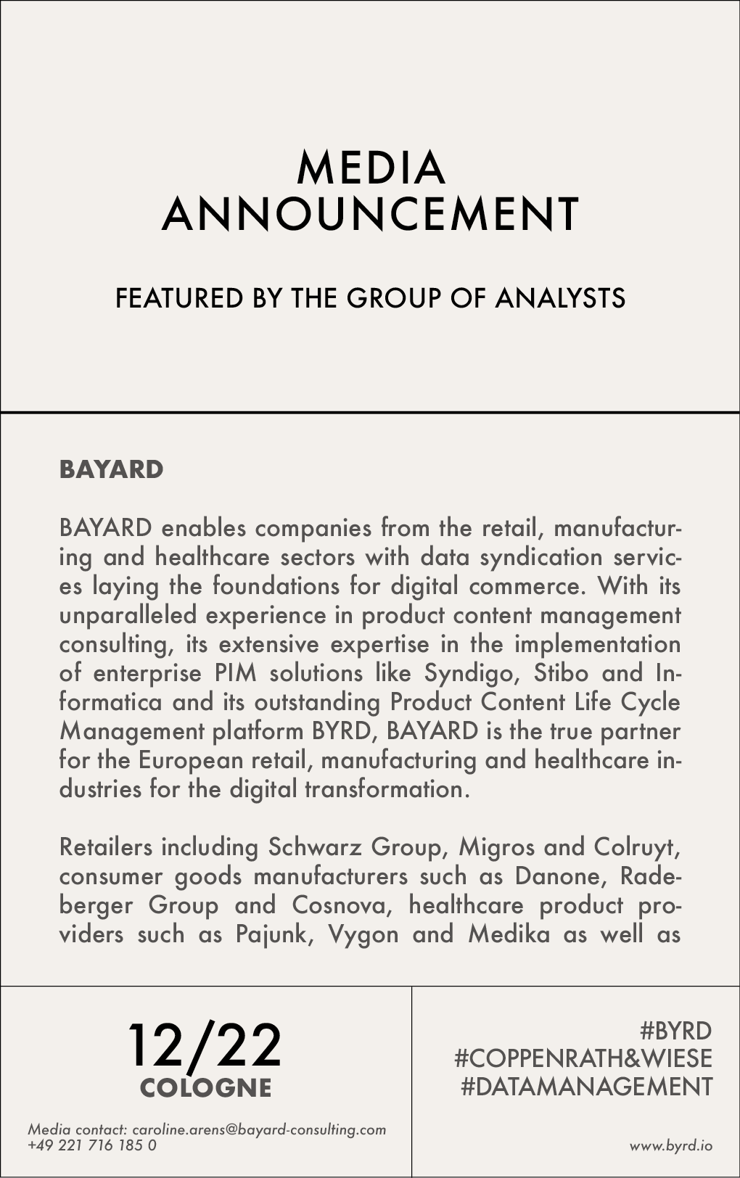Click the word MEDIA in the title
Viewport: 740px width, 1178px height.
point(371,168)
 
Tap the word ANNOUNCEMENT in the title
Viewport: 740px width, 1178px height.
point(371,214)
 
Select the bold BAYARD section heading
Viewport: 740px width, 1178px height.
point(112,469)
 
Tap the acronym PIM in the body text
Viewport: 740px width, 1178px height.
point(236,673)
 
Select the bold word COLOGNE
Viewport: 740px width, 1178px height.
point(205,1088)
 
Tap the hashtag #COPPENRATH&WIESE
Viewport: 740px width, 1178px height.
point(583,1058)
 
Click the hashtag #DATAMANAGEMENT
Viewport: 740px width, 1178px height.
point(587,1087)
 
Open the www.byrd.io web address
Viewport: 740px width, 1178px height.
point(670,1146)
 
